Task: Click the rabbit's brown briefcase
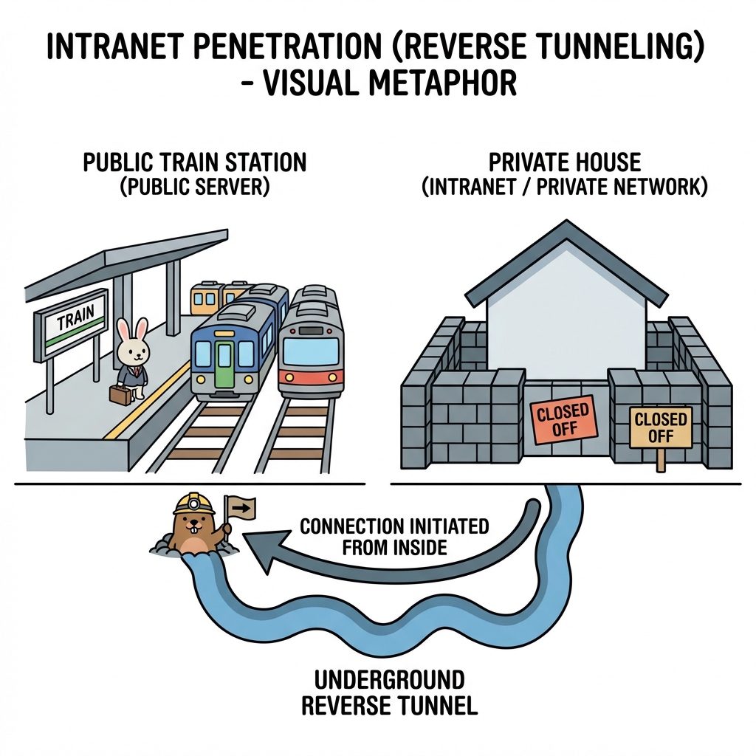pos(121,395)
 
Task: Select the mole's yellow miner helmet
pos(194,504)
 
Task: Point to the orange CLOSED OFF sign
pos(563,422)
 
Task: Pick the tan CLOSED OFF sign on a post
pos(661,428)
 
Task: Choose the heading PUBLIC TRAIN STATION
pos(194,162)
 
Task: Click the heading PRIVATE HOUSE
pos(564,162)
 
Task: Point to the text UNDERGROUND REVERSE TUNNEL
pos(390,693)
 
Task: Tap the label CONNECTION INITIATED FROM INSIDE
pos(394,537)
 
